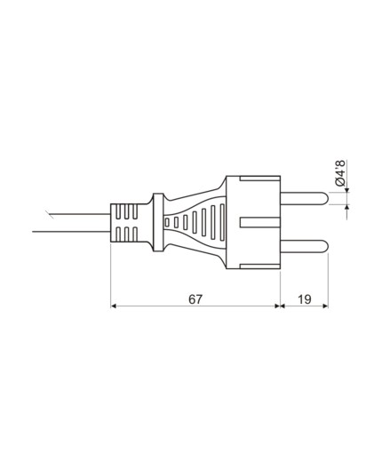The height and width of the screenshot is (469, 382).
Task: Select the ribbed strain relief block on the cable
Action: click(x=126, y=222)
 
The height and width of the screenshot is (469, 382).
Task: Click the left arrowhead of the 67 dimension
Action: click(x=115, y=306)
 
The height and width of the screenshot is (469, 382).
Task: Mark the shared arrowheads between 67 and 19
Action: click(x=280, y=306)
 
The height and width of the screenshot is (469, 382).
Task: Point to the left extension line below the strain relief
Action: click(x=110, y=275)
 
